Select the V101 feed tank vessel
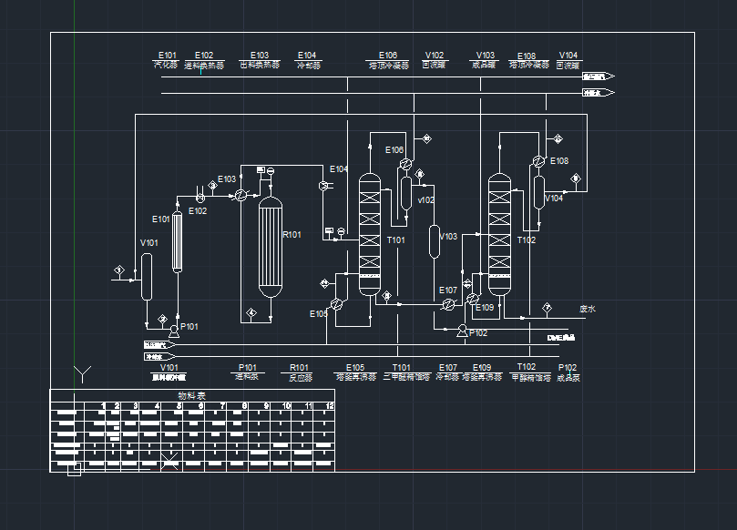pos(146,275)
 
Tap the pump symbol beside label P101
pos(173,333)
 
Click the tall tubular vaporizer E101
pos(179,243)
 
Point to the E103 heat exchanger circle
pos(241,196)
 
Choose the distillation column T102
pos(499,232)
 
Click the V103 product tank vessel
pos(435,241)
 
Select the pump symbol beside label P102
pos(462,331)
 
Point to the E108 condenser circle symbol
pos(538,161)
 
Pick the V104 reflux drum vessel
pos(538,194)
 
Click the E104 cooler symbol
pos(324,185)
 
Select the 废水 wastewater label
pos(587,309)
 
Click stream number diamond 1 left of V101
pos(118,270)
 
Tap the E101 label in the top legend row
pos(168,56)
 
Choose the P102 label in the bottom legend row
pos(568,367)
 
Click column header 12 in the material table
pos(329,405)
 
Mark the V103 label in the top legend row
pos(486,56)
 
